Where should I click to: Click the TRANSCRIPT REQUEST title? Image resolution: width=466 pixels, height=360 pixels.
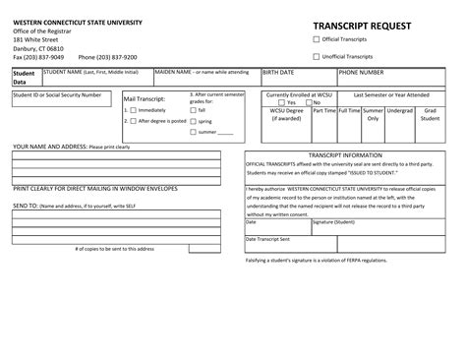click(361, 25)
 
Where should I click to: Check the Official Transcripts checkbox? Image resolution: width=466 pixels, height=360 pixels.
click(316, 40)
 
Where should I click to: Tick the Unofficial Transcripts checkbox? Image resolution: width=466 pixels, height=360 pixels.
click(316, 57)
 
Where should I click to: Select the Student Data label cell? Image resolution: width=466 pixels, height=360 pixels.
click(23, 78)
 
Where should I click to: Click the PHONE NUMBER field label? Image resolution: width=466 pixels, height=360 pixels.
click(361, 73)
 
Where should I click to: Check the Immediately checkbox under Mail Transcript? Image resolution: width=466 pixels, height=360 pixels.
click(129, 110)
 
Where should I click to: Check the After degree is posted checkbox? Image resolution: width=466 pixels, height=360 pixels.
click(129, 121)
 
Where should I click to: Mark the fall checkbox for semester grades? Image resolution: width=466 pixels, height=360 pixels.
click(193, 110)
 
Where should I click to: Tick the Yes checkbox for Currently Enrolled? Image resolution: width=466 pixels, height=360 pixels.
click(282, 102)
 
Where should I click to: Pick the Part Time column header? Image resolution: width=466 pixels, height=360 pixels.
click(323, 111)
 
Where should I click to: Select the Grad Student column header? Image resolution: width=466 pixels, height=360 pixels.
click(429, 115)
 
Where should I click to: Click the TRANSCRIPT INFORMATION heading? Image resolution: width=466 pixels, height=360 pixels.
click(345, 155)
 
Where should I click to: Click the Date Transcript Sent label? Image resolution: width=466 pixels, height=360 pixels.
click(267, 239)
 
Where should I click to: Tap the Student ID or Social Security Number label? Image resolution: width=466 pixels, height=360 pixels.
click(56, 94)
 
